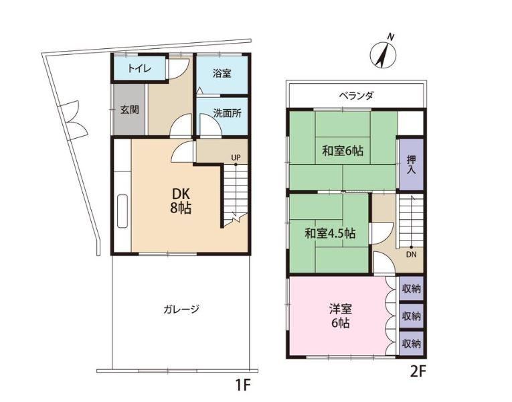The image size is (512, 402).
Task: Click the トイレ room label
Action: (139, 68)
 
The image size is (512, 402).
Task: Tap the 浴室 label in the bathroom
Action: (222, 73)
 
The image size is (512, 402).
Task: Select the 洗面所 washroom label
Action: (227, 113)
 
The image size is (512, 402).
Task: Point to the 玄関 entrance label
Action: (130, 109)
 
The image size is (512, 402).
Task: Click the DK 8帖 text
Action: (181, 201)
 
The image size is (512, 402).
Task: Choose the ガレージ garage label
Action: (181, 309)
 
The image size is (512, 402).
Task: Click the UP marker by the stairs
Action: (236, 158)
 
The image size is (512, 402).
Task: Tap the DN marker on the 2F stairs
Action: (411, 255)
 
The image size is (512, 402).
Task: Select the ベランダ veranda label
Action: (356, 96)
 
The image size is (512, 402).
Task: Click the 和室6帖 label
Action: (343, 151)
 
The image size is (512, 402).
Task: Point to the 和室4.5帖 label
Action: (330, 233)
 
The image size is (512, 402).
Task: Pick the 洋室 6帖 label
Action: (341, 316)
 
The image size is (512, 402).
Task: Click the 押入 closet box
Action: (412, 164)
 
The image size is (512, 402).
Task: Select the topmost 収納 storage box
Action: (412, 289)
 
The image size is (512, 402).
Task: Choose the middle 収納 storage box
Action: (412, 316)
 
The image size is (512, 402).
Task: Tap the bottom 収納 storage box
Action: (412, 344)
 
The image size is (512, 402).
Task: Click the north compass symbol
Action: (383, 54)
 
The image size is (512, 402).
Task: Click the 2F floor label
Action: (418, 372)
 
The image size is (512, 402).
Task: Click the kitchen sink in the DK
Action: (122, 211)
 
